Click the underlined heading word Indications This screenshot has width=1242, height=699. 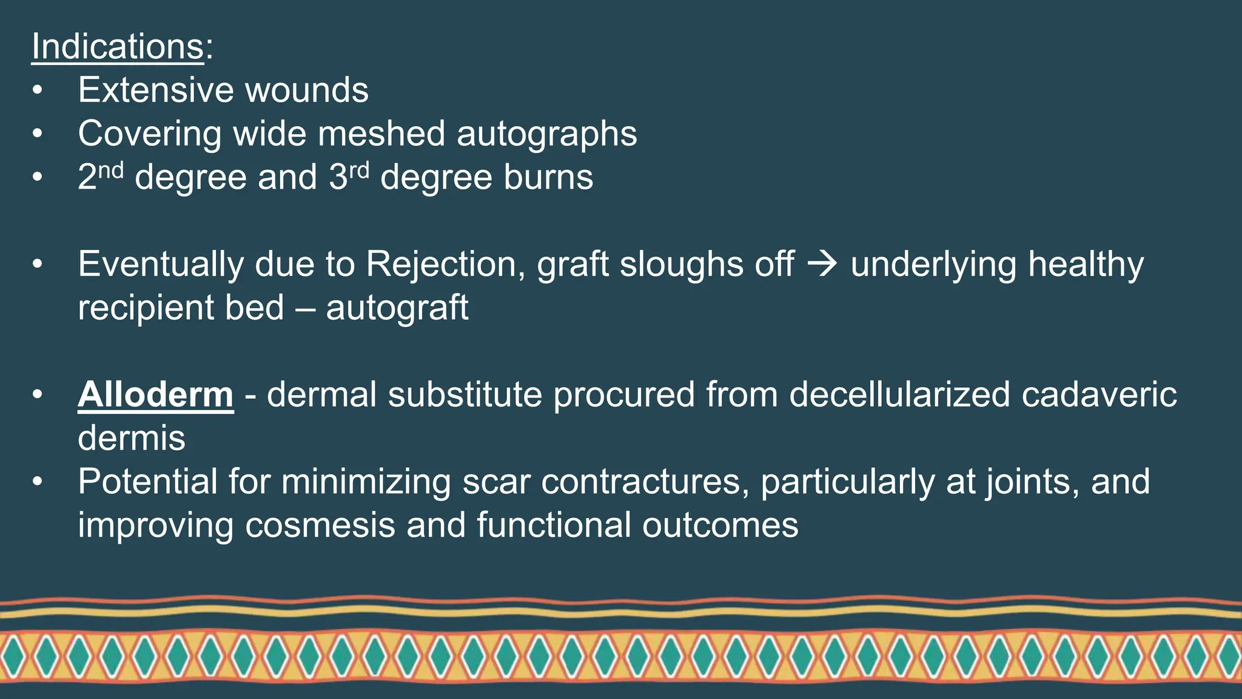click(118, 46)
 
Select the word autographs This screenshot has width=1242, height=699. click(547, 133)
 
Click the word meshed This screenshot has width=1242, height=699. click(381, 133)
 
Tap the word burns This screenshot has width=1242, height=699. click(548, 177)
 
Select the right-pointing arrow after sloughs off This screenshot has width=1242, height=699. click(822, 265)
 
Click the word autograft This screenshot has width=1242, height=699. click(397, 308)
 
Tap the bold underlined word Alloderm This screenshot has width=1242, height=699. click(156, 394)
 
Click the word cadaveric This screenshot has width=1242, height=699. click(1099, 394)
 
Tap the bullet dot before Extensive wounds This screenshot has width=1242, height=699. click(38, 90)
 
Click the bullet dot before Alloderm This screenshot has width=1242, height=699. click(38, 395)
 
